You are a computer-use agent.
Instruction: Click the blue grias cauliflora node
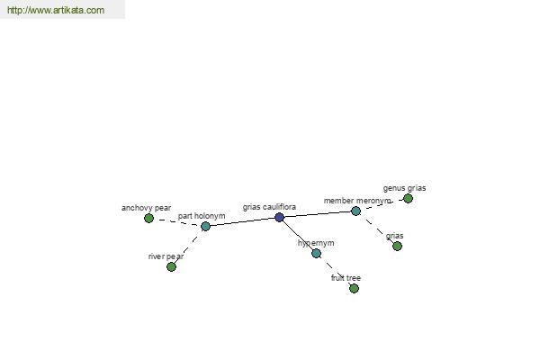(x=280, y=218)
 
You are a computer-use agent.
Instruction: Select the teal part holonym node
(x=205, y=226)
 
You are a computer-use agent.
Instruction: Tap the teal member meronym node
(x=355, y=211)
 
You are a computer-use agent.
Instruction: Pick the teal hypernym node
(x=317, y=254)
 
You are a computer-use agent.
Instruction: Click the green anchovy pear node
(x=148, y=218)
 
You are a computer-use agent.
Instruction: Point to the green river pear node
(x=171, y=267)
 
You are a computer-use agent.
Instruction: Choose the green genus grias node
(x=408, y=198)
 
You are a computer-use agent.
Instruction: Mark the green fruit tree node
(x=354, y=288)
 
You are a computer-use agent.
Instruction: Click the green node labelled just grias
(x=397, y=246)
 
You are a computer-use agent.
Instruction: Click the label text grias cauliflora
(x=269, y=207)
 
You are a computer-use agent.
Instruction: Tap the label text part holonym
(x=202, y=216)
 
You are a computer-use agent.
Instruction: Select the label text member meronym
(x=357, y=201)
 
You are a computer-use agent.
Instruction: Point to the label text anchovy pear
(x=146, y=208)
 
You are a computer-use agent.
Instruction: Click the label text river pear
(x=166, y=256)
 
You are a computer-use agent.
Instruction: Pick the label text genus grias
(x=404, y=188)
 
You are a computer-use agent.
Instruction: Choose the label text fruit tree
(x=346, y=278)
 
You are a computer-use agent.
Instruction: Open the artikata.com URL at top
(x=56, y=10)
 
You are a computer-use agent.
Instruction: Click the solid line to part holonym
(x=242, y=222)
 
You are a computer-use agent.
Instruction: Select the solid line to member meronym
(x=318, y=214)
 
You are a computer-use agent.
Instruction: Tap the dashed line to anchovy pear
(x=177, y=222)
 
